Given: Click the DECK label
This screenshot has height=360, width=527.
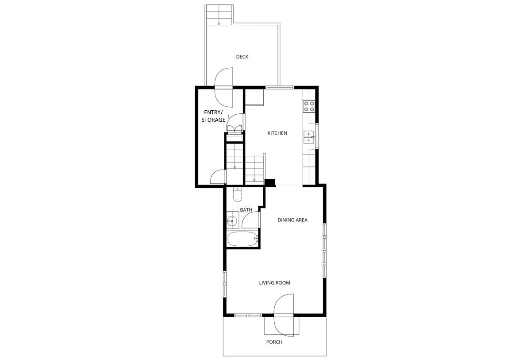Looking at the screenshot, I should point(242,57).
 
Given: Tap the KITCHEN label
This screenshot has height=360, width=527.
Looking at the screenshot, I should point(277,133).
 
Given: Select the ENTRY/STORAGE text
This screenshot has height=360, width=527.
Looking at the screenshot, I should point(214,116).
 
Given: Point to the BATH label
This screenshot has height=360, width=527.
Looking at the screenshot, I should point(246,209).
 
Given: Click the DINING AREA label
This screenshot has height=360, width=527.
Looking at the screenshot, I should point(292,220).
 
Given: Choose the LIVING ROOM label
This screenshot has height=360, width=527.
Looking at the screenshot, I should point(274,283).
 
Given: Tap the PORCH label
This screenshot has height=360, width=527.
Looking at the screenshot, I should point(274,342).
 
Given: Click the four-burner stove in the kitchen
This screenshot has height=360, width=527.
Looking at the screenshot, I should point(309,106).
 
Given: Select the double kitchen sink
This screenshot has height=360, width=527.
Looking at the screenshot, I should point(309,138).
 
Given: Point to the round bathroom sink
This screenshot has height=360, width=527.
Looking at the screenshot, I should point(232,220).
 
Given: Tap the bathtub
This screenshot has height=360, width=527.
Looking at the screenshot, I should point(242,239).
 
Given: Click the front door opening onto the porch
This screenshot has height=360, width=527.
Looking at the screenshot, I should point(284,315).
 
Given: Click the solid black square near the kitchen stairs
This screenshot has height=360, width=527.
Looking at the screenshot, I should point(269,182).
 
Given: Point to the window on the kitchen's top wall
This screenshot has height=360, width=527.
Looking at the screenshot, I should point(279,87).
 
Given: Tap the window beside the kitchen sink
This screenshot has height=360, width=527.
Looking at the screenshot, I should point(317,137).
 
